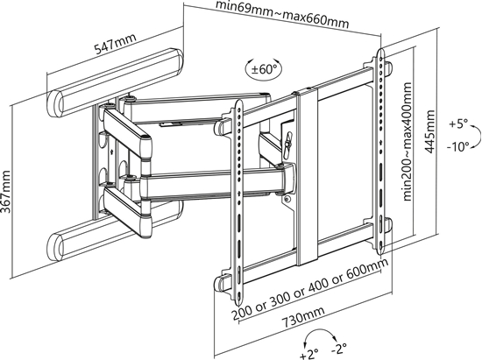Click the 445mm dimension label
click(x=429, y=131)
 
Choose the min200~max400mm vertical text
click(x=408, y=139)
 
